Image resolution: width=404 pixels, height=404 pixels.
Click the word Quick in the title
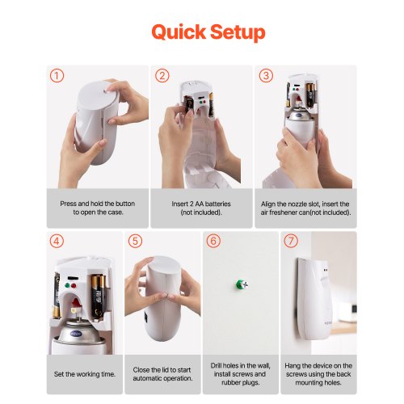(179, 32)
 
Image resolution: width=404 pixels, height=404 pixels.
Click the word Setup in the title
(238, 33)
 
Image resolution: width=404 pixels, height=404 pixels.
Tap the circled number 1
(57, 76)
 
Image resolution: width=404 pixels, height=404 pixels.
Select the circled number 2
(162, 76)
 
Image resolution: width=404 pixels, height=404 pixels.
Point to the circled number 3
(266, 76)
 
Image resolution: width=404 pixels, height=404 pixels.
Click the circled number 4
(57, 241)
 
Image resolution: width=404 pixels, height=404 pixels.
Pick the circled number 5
(135, 241)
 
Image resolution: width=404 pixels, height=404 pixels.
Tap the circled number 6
(213, 241)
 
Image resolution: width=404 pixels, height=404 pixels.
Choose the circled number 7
(291, 241)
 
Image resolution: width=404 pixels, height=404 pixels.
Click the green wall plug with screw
(241, 284)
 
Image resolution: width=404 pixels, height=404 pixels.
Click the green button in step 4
(67, 286)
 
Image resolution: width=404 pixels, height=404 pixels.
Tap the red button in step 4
(74, 286)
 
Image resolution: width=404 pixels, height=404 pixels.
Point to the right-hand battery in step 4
(97, 297)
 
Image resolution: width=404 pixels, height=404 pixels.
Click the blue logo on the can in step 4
(76, 334)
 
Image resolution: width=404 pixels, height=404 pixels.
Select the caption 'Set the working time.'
(85, 374)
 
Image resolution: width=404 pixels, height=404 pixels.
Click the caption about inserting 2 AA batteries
(201, 208)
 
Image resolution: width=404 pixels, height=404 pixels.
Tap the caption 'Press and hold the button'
(98, 204)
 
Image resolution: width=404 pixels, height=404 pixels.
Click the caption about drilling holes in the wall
(241, 374)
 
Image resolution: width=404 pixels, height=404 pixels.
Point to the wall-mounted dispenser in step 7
(314, 298)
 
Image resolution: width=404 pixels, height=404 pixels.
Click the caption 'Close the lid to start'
(162, 370)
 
